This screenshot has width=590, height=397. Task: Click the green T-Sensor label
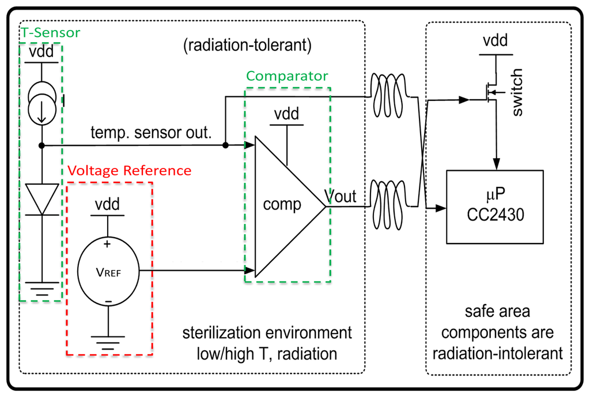pos(51,32)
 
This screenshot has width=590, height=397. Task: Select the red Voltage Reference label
pos(129,171)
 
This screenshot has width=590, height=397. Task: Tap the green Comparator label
pos(287,76)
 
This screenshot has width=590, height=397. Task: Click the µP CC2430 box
pos(495,206)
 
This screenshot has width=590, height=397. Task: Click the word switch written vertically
pos(517,92)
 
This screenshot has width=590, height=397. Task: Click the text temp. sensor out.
pos(151,134)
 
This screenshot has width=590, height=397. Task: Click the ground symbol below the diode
pos(41,287)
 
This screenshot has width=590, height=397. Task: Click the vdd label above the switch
pos(496,42)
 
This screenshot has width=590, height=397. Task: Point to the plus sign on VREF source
pos(107,244)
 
